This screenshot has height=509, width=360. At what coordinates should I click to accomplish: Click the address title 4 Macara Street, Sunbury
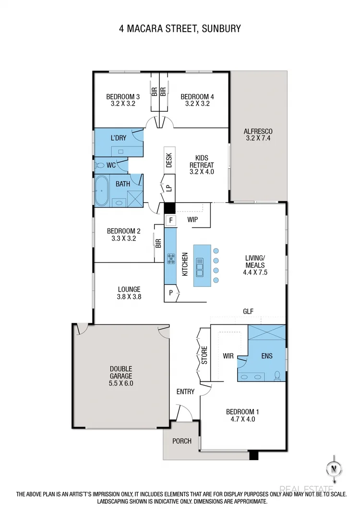[180, 29]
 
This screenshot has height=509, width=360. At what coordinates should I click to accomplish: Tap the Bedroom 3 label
[123, 97]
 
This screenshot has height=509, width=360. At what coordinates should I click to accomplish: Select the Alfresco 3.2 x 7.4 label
[258, 135]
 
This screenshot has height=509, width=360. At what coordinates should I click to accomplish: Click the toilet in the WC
[100, 165]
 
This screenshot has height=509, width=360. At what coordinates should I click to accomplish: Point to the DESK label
[169, 160]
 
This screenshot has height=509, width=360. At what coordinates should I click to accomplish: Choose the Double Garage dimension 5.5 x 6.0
[120, 383]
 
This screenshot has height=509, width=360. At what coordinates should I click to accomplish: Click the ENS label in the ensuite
[266, 357]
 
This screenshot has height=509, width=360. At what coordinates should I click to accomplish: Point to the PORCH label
[181, 441]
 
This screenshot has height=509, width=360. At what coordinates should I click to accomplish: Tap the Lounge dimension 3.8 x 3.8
[129, 296]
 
